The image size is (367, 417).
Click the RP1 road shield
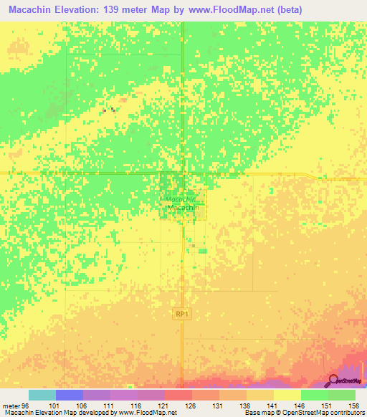point(181,313)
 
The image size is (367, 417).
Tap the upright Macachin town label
point(182,208)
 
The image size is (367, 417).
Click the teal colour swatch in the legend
point(42,395)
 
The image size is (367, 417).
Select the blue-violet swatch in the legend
point(70,395)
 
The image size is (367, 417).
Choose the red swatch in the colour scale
point(178,395)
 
